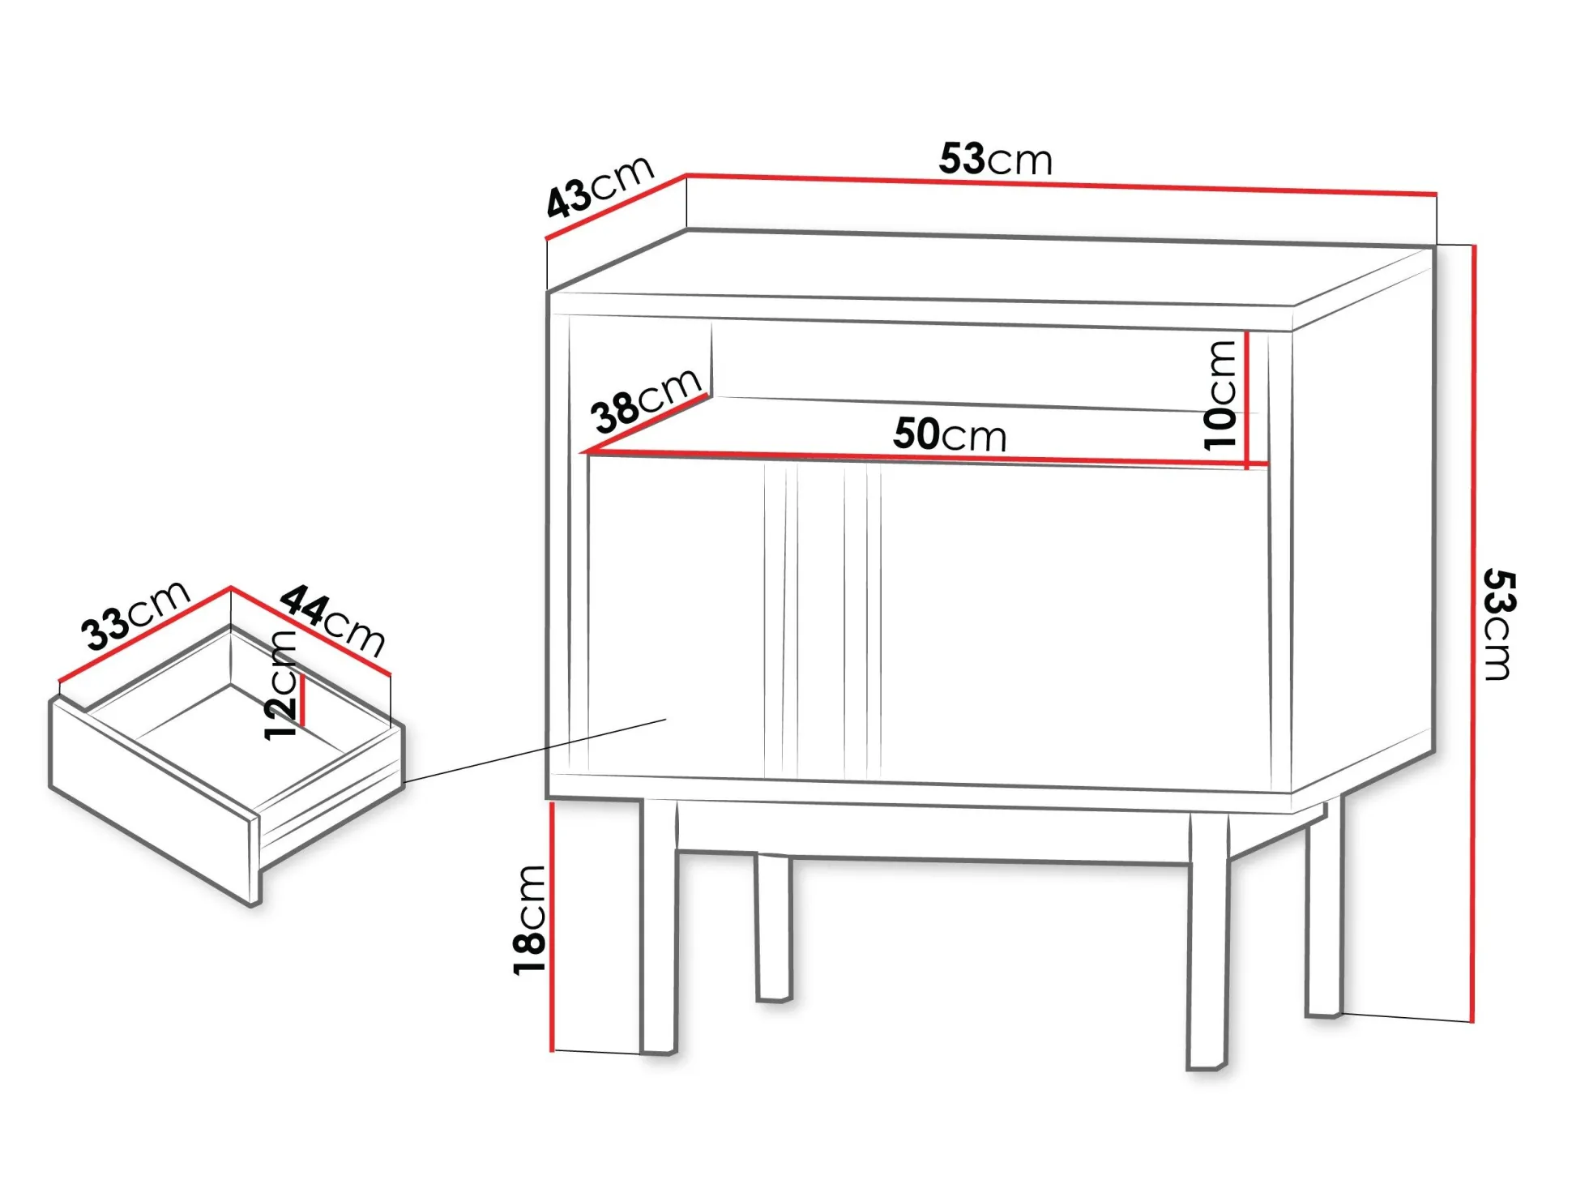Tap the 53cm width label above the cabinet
(996, 159)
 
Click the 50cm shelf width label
(950, 434)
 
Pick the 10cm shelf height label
(1220, 395)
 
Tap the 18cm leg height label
(530, 920)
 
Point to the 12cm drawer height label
(281, 685)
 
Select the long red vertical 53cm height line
(1474, 633)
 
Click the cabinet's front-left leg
(658, 926)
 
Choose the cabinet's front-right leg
(1208, 940)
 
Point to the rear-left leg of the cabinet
(774, 928)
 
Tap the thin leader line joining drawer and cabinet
(535, 750)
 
